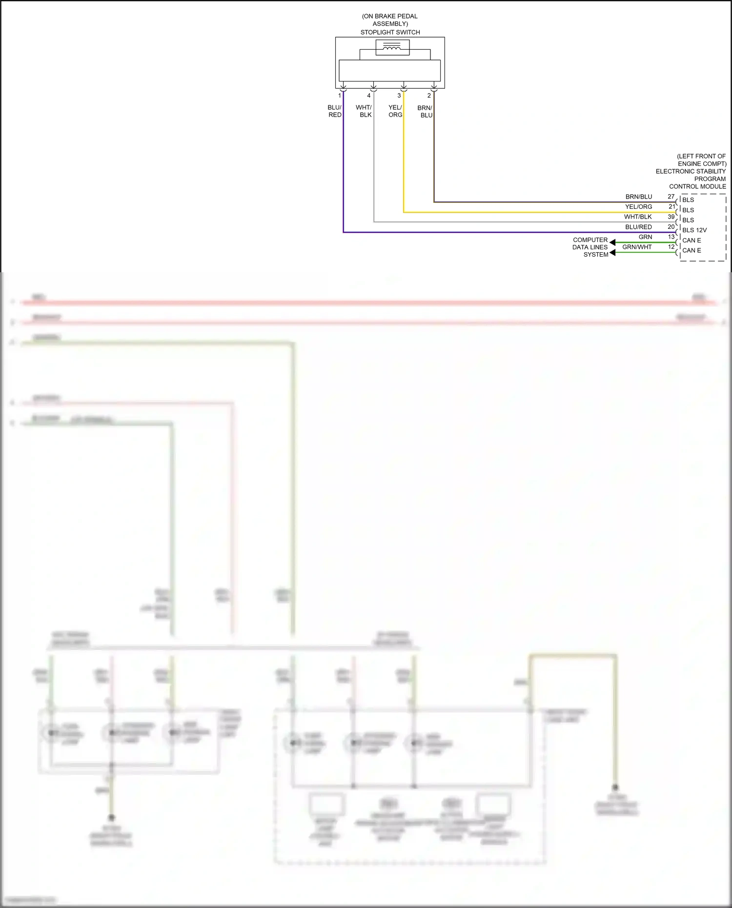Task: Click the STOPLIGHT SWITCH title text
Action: point(390,32)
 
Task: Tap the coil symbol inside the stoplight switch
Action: point(392,47)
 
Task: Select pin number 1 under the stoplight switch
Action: point(340,96)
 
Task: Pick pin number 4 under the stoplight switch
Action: point(369,96)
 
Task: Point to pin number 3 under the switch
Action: point(399,96)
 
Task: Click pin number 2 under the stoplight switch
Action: point(429,96)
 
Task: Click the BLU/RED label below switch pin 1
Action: point(335,111)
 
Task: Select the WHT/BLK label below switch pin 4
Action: point(364,111)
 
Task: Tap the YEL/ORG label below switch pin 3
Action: point(395,111)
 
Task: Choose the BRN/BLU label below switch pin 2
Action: point(425,112)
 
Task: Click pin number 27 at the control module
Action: point(671,197)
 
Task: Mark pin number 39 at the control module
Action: point(671,217)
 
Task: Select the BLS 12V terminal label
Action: point(694,230)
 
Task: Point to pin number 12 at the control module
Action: point(671,247)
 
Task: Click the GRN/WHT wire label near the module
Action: point(637,247)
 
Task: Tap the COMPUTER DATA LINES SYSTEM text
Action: point(590,247)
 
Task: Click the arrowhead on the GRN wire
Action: point(612,242)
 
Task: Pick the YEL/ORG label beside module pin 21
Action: point(638,207)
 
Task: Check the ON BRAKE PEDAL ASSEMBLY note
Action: point(390,20)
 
